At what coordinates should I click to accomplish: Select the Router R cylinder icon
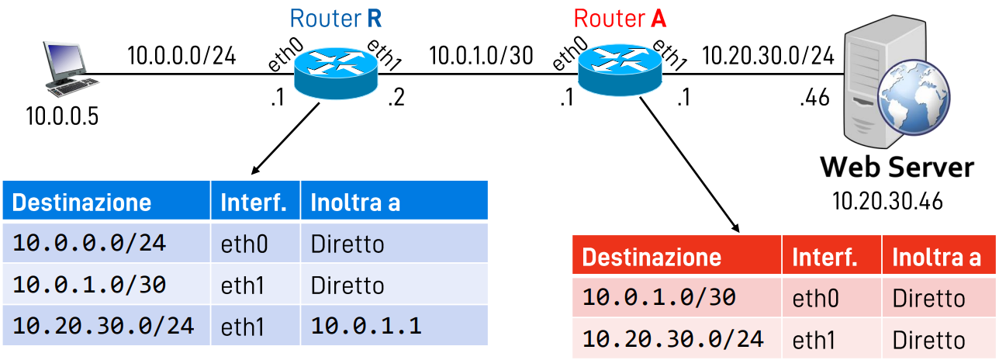(x=336, y=75)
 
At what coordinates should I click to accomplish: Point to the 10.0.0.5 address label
(x=63, y=117)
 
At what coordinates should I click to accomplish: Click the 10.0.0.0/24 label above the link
(x=181, y=56)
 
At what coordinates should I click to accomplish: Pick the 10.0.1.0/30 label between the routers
(x=481, y=56)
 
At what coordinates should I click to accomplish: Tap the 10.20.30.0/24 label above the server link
(x=768, y=56)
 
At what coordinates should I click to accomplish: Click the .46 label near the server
(x=815, y=99)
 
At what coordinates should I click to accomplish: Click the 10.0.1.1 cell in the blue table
(x=365, y=326)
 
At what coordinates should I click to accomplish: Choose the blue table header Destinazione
(x=82, y=202)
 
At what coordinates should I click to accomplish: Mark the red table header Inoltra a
(x=936, y=258)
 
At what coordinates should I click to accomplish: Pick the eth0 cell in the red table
(x=815, y=299)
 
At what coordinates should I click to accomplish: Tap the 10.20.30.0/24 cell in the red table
(x=672, y=339)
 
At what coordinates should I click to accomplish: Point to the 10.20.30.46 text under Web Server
(x=888, y=202)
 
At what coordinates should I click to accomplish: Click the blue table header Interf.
(x=254, y=202)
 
